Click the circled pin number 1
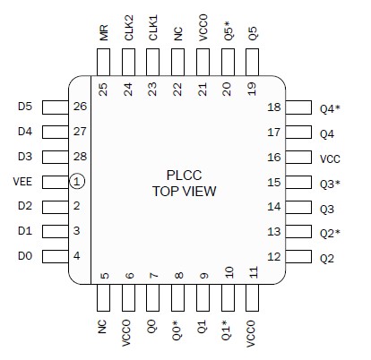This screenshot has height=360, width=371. click(x=77, y=182)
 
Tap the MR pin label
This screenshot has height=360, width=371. click(x=104, y=34)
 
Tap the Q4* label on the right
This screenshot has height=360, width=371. click(x=332, y=109)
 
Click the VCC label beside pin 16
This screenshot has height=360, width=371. click(x=331, y=157)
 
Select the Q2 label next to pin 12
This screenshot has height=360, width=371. click(x=328, y=258)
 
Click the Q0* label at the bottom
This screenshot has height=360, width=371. click(x=178, y=331)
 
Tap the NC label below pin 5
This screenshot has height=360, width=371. click(x=104, y=328)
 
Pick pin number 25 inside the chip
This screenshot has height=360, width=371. click(x=104, y=89)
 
